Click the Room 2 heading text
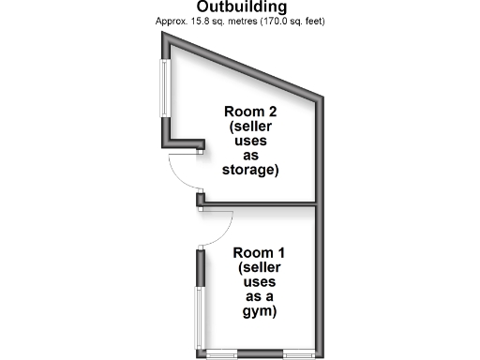[250, 111]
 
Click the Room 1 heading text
[259, 252]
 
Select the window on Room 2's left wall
[168, 90]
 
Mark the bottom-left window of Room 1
[221, 353]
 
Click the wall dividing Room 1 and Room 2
[262, 202]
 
